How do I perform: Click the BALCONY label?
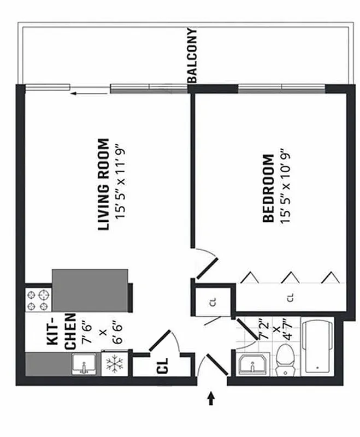pos(192,56)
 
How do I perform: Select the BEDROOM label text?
pos(268,188)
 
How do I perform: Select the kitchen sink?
pos(85,364)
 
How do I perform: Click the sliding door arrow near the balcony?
pos(81,93)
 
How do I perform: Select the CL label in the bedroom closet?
pos(291,298)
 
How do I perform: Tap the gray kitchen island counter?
pos(91,290)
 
